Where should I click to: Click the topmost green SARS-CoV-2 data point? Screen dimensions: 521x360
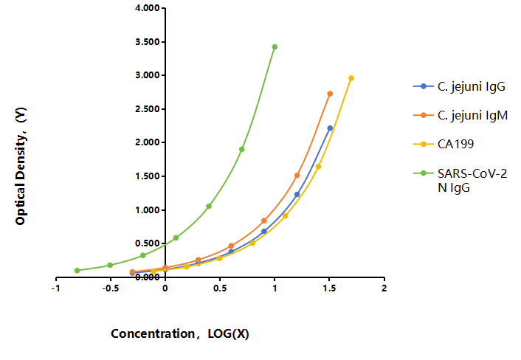[x=275, y=46]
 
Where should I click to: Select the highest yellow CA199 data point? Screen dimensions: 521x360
[x=351, y=78]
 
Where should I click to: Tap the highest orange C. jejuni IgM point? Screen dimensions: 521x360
[x=330, y=94]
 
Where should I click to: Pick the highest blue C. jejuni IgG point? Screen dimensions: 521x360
[x=330, y=128]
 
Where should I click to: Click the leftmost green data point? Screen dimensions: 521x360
[x=77, y=270]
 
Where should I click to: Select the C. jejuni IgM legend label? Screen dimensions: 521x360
[x=472, y=115]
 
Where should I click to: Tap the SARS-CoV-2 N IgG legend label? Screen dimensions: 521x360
[x=472, y=181]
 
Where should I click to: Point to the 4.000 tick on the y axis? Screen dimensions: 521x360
[x=148, y=8]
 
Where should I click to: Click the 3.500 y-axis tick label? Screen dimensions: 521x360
[x=148, y=42]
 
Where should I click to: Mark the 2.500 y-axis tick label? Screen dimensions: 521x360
[x=148, y=109]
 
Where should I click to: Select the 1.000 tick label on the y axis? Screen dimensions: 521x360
[x=148, y=210]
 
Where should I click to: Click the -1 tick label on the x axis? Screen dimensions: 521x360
[x=55, y=288]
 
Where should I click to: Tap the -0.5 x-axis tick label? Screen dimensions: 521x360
[x=110, y=288]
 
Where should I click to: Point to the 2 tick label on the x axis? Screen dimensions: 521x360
[x=384, y=288]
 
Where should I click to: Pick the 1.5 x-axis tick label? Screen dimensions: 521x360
[x=329, y=288]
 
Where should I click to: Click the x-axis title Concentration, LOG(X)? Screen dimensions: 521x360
[x=180, y=333]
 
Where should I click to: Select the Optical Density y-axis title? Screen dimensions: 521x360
[x=21, y=166]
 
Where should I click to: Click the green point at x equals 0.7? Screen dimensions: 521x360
[x=241, y=149]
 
